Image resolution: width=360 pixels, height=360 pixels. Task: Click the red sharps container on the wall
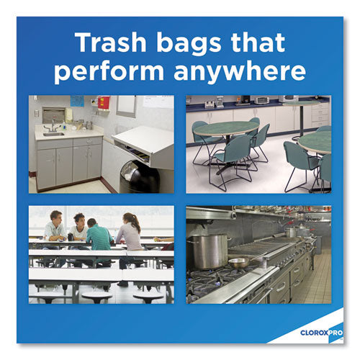pyautogui.click(x=104, y=103)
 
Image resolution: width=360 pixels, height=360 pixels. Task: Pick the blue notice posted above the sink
pyautogui.click(x=77, y=101)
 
